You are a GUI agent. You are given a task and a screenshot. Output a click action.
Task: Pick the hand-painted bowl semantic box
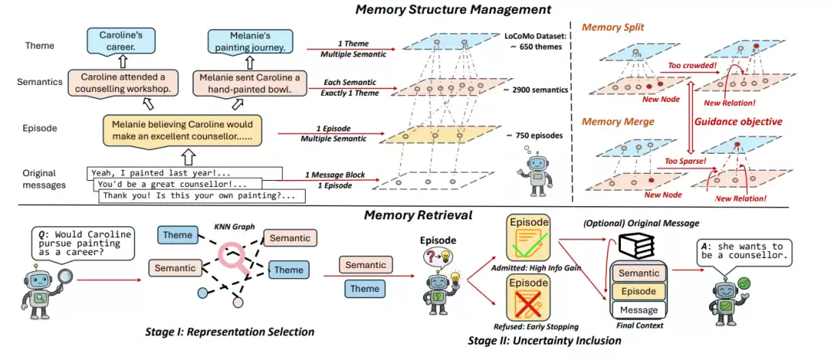click(252, 83)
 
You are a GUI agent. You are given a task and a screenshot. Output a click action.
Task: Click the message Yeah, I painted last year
click(185, 172)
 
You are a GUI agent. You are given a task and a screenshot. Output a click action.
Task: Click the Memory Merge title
click(618, 121)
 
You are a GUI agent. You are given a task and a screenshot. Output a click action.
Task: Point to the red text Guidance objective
click(738, 121)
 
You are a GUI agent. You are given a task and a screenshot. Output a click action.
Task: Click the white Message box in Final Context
click(639, 310)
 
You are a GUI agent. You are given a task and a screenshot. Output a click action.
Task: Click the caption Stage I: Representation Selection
click(229, 332)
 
